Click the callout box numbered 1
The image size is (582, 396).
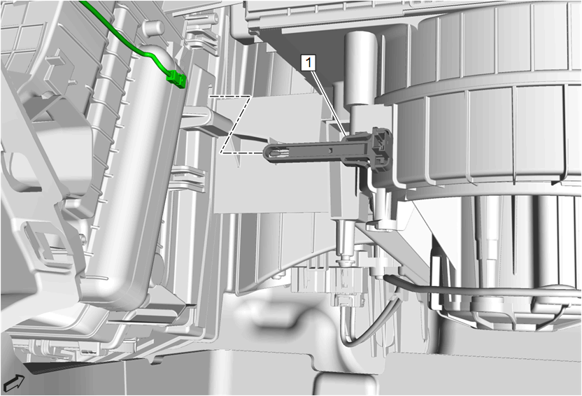point(308,63)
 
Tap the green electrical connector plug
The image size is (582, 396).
point(176,80)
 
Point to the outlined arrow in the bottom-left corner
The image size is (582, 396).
point(14,382)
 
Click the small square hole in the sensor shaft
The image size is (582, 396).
point(330,150)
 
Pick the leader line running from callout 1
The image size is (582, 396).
point(329,103)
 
